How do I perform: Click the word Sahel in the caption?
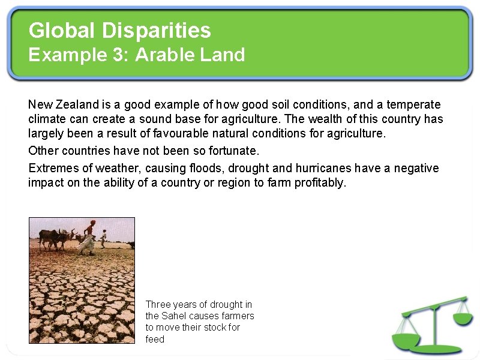[x=174, y=316]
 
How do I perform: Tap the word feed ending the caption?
[x=155, y=339]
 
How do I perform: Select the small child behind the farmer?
[x=103, y=238]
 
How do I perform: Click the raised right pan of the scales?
[x=463, y=318]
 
